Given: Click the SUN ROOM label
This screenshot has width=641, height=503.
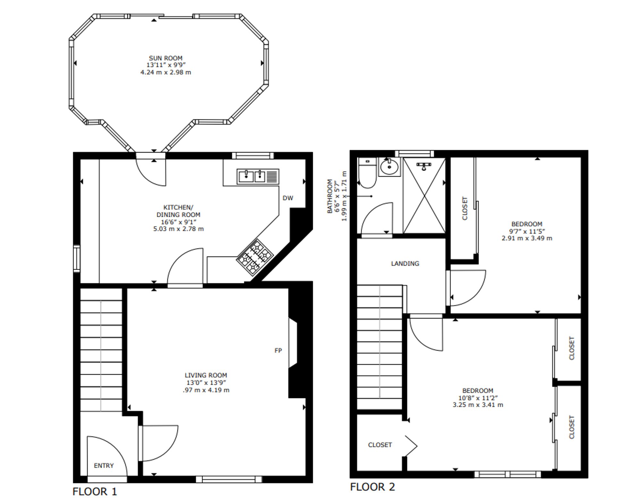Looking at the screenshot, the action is point(165,58).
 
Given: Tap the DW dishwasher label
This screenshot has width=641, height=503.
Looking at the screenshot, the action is point(288,198).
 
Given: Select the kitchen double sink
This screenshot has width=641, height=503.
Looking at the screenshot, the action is point(258,177).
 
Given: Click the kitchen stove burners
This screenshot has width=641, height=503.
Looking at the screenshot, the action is point(255,257).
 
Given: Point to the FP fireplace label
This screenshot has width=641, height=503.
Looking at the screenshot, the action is point(278,351).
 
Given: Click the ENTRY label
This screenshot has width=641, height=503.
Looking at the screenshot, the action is point(104,465).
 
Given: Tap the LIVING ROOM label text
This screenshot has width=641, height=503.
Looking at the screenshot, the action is point(206,375).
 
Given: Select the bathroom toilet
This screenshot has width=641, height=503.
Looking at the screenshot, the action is point(367,173).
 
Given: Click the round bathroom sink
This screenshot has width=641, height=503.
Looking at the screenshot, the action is point(389,167).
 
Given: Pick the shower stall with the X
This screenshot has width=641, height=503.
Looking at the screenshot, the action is point(424,195).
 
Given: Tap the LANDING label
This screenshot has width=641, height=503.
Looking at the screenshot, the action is point(405,263).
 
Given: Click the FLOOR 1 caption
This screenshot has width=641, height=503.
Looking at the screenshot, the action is point(95,491).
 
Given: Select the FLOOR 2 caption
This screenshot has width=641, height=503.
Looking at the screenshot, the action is point(372,487).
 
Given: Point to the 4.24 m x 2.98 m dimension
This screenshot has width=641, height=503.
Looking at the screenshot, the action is point(165,72).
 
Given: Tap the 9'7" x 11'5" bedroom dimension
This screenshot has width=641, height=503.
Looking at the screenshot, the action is point(527,231).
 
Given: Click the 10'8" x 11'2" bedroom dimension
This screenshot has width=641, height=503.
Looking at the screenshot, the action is point(478,398).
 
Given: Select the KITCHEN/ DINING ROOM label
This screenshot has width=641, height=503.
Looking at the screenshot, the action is point(178,211).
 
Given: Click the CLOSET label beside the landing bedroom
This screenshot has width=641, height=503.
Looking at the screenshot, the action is point(465,209).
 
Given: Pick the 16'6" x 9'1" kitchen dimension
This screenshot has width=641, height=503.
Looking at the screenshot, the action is point(178,222).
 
